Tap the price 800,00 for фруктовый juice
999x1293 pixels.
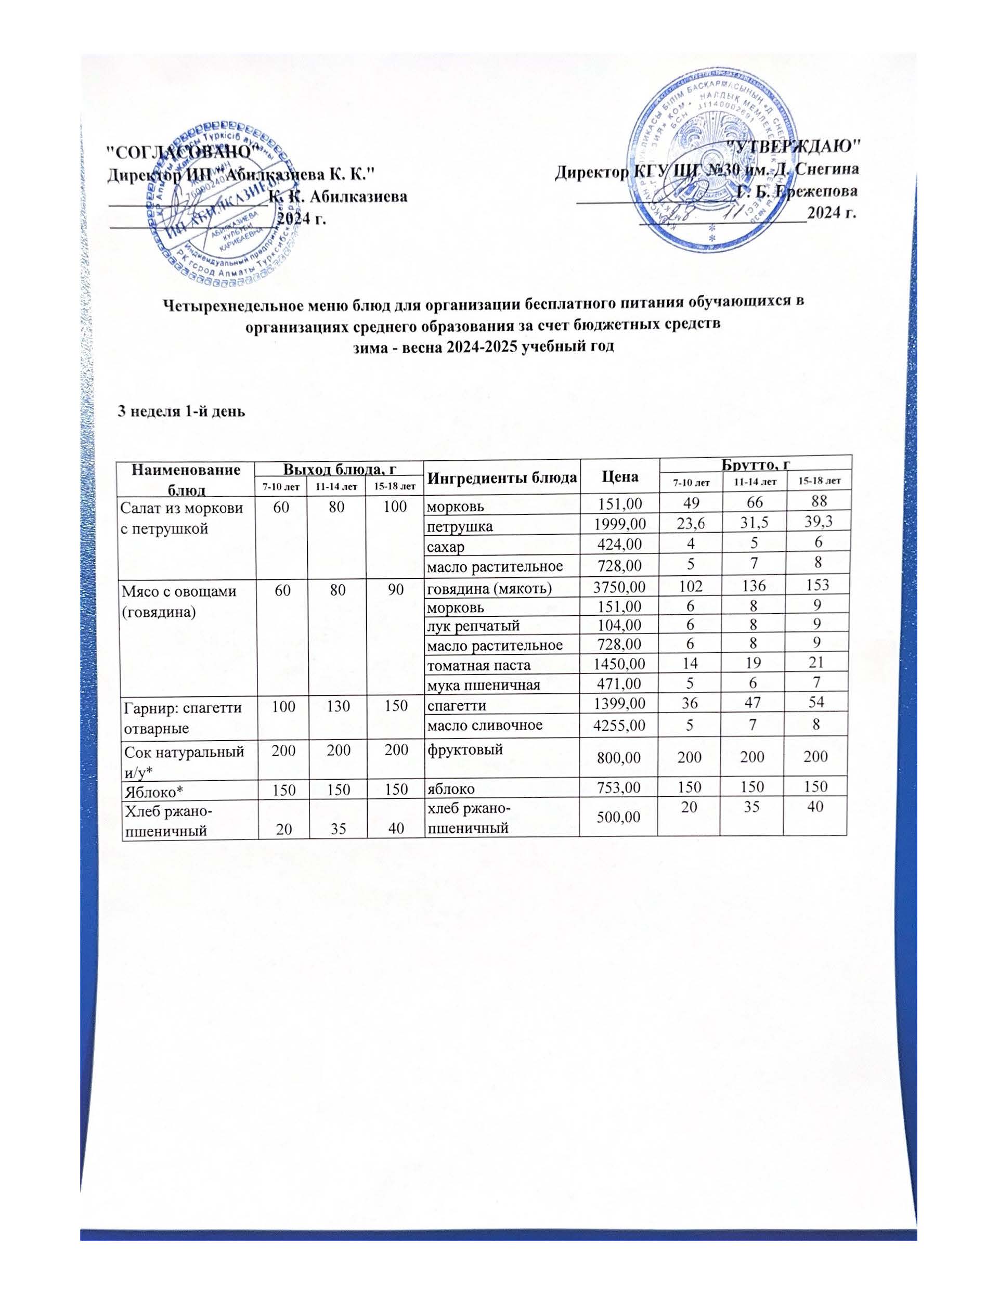click(618, 757)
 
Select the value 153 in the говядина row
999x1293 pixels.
click(814, 584)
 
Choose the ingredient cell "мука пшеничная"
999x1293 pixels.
click(484, 685)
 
